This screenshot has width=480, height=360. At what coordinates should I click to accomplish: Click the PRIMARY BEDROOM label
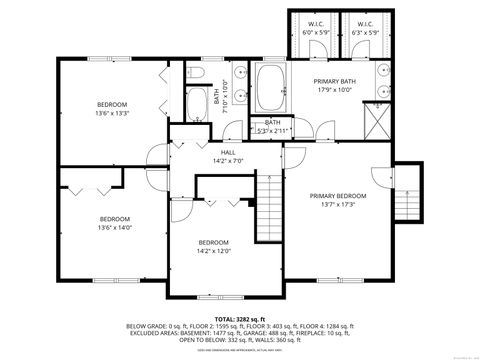[x=337, y=195]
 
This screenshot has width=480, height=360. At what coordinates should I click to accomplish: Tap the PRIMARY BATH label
[x=333, y=80]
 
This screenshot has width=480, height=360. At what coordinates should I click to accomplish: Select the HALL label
[x=229, y=152]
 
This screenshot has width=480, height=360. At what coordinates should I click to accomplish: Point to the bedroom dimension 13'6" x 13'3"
[x=113, y=113]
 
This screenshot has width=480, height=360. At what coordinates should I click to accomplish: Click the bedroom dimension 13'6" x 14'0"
[x=113, y=227]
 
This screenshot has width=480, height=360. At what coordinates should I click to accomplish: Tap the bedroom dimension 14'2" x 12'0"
[x=214, y=251]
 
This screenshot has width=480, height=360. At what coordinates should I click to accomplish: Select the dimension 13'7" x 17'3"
[x=337, y=204]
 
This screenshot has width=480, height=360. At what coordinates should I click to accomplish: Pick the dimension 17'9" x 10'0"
[x=333, y=89]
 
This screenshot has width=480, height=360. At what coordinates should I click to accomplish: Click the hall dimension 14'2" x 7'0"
[x=229, y=161]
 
